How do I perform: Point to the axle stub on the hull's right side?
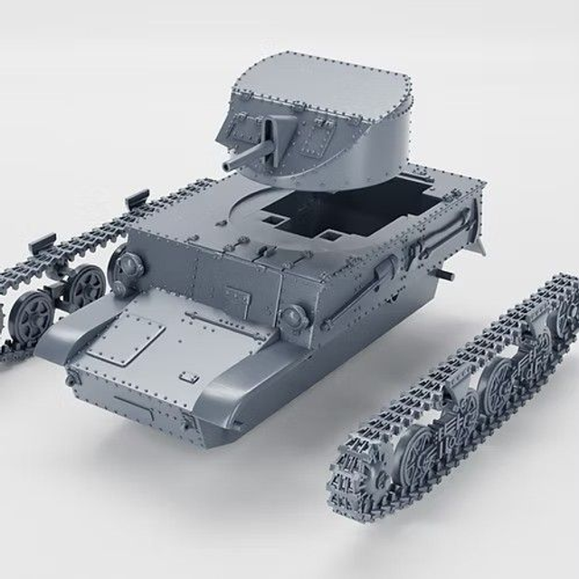[442, 271]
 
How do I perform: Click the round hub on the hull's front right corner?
[292, 316]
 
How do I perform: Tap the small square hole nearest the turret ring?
[271, 218]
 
